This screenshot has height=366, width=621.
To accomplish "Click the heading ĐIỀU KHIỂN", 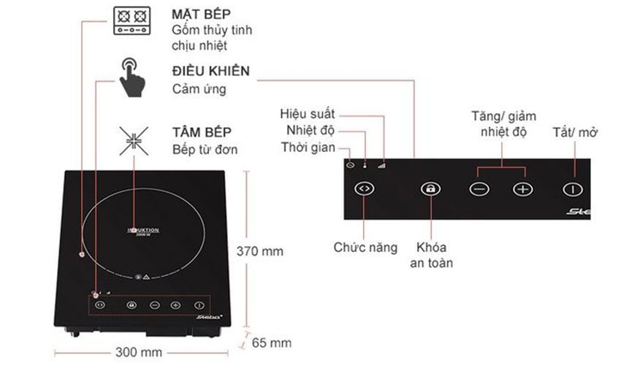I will (210, 72).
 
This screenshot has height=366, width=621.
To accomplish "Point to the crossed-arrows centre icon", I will (132, 140).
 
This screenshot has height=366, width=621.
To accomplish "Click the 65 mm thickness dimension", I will (271, 342).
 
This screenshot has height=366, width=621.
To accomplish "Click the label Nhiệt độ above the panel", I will (310, 131).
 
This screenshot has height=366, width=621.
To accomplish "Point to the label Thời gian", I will (308, 148).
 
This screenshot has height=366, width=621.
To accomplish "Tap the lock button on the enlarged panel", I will (431, 188).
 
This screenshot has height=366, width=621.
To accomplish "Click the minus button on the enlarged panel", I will (479, 188).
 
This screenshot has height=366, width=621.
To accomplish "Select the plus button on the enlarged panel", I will (523, 188).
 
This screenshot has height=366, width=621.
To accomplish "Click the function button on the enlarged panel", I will (364, 188).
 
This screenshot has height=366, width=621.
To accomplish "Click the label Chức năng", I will (365, 248).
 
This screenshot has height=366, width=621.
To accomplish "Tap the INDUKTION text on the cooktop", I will (144, 229).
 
